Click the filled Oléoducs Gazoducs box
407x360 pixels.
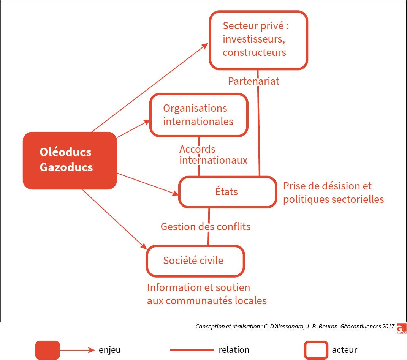point(70,160)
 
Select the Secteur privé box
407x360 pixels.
point(258,40)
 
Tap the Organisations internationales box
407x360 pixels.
point(199,115)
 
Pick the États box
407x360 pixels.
point(227,192)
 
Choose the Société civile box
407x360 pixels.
point(195,261)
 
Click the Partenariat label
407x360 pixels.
point(253,81)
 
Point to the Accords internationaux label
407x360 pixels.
point(213,155)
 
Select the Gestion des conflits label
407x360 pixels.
point(206,227)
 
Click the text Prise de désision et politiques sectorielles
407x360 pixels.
point(333,193)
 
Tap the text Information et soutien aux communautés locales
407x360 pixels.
point(207,294)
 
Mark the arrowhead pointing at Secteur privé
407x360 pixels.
point(206,45)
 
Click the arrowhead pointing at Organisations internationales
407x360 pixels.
point(147,122)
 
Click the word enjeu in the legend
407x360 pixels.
point(110,350)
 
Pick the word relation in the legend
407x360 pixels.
point(234,350)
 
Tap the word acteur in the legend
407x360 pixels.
point(345,350)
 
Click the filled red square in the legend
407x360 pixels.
point(48,350)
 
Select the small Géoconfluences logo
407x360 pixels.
point(401,329)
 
